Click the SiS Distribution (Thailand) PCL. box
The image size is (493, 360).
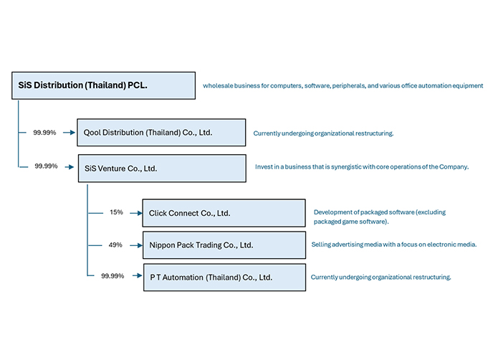coord(103,85)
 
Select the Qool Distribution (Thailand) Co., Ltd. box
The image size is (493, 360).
coord(161,133)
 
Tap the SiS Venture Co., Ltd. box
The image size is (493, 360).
coord(161,169)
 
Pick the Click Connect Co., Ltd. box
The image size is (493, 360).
coord(224,213)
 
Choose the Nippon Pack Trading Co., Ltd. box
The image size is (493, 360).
coord(224,245)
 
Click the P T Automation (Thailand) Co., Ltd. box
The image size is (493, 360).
coord(224,276)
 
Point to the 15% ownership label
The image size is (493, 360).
coord(116,212)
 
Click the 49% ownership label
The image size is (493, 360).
coord(116,245)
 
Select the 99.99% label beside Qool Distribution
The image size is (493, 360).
coord(45,133)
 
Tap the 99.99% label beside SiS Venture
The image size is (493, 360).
coord(46,166)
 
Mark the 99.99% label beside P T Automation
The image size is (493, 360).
coord(113,275)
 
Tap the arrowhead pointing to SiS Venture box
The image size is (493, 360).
coord(72,166)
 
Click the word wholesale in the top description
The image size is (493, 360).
coord(219,85)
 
